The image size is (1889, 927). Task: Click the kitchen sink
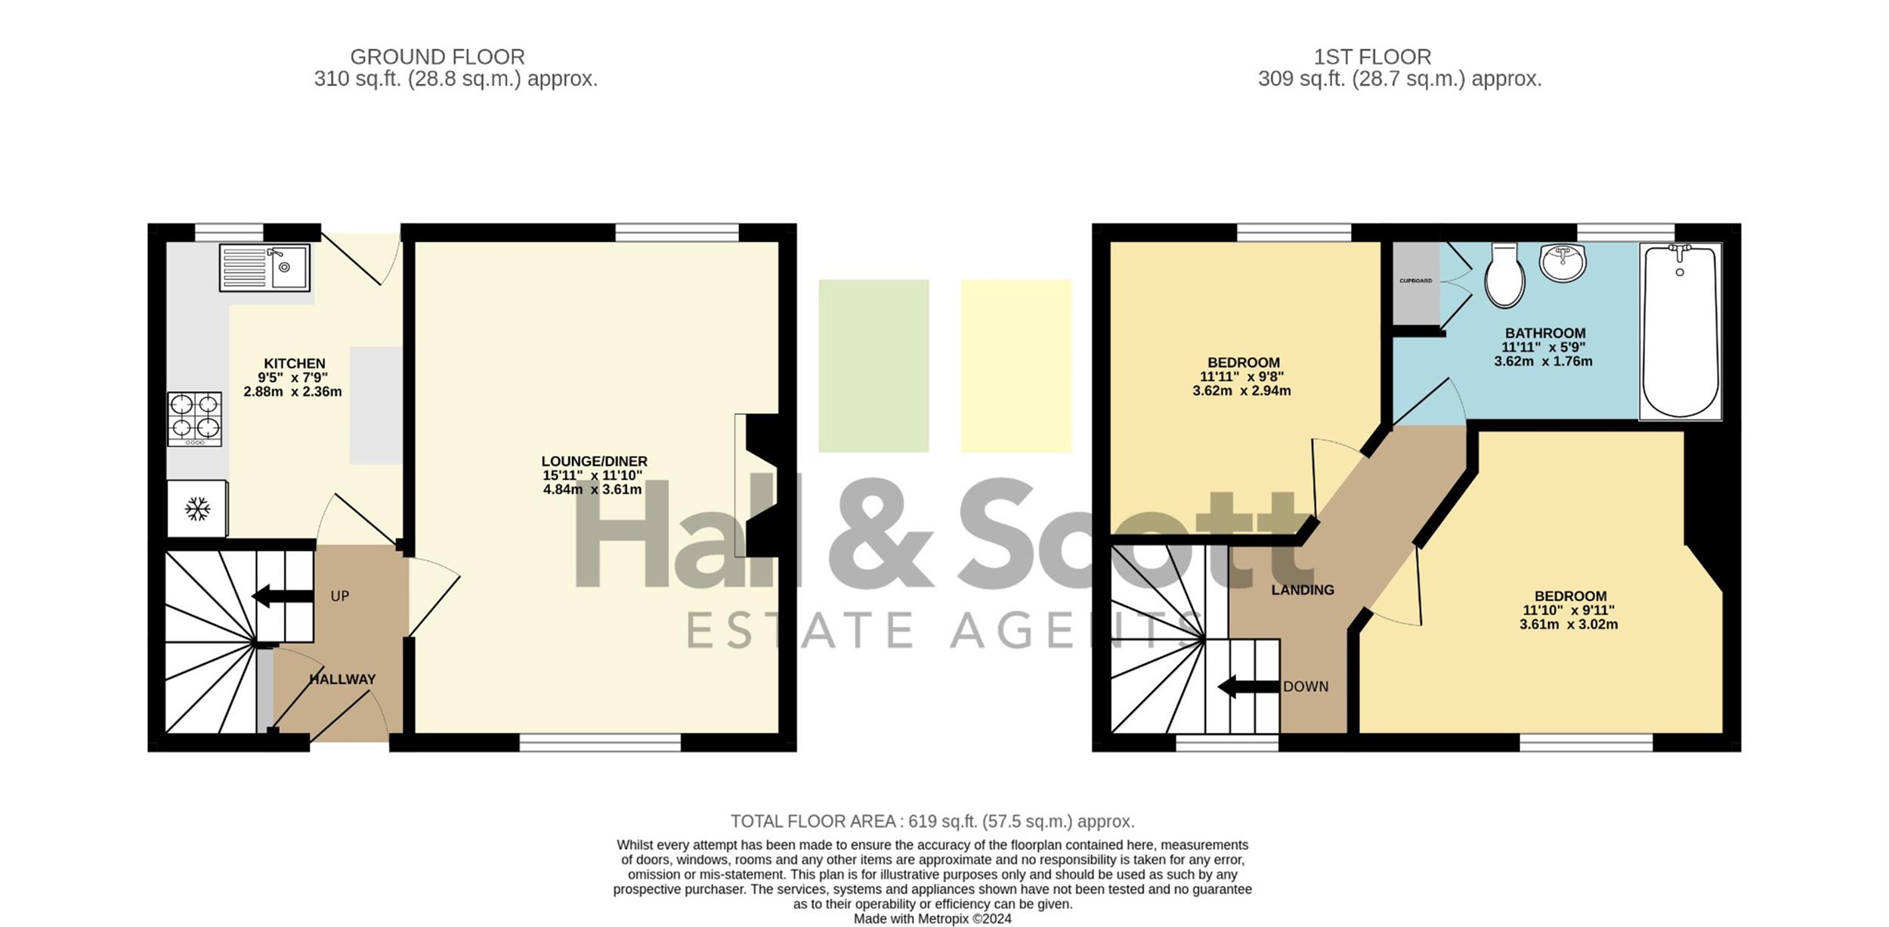264,267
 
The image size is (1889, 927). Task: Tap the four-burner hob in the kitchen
195,419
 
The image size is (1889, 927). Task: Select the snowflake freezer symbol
197,509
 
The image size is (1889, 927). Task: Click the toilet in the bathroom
1504,275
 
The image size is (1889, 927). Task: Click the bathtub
1680,331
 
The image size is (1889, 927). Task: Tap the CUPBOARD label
1415,281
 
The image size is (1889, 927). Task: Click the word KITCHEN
295,364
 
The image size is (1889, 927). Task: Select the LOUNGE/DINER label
594,461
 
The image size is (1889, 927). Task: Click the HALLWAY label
342,680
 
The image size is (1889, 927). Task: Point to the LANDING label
1303,590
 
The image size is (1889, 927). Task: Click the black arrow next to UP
283,596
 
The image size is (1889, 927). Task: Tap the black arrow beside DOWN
1249,687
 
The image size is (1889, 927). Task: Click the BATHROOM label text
1545,333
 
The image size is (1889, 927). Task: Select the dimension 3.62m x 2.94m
1241,391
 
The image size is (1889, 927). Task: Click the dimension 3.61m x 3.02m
1569,625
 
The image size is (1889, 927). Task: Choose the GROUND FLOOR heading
437,57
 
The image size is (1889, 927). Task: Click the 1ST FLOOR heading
1372,57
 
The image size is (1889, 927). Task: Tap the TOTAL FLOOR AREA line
932,821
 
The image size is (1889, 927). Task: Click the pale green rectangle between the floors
873,366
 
